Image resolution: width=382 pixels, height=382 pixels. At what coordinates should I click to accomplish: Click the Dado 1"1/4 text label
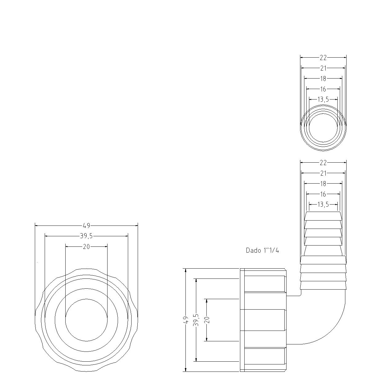point(262,250)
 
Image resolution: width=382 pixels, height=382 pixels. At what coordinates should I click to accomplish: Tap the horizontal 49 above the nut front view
point(86,226)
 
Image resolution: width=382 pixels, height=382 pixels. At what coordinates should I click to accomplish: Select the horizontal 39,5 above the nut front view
point(86,236)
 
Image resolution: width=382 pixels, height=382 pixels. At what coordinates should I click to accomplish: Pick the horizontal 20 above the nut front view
point(86,246)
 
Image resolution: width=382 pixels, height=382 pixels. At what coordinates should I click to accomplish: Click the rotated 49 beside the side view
point(185,320)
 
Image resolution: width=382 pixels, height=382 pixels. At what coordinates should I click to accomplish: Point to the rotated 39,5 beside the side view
point(196,320)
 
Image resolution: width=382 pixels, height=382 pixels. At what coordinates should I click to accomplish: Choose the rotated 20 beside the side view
point(207,320)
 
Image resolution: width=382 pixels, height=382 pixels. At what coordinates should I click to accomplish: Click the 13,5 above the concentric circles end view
point(323,100)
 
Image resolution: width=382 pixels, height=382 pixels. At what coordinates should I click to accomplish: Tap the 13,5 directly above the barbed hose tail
point(323,204)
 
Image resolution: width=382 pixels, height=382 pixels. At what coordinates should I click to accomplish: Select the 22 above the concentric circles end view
point(323,58)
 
